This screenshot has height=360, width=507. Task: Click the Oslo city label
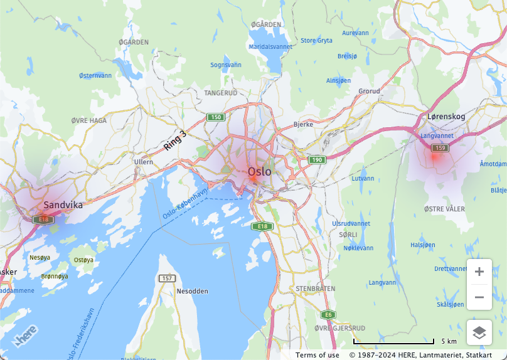point(260,171)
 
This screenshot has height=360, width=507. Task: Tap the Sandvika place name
point(63,205)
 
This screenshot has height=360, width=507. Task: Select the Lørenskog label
point(446,117)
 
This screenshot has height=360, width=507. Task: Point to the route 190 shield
point(316,160)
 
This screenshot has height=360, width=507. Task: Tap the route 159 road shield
point(440,148)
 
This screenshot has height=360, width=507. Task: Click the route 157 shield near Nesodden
point(166,278)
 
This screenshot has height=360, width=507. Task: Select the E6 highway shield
point(327,314)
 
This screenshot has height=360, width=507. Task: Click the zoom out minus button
point(479,297)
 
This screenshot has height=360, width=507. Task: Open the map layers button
point(479,332)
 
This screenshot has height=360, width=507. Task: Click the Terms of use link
point(318,355)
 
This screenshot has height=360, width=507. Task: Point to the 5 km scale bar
point(393,342)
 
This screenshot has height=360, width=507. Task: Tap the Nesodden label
point(192,291)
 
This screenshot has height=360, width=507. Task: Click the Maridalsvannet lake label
point(270,46)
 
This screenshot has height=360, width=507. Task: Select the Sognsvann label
point(226,65)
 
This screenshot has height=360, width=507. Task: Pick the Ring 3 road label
point(175,140)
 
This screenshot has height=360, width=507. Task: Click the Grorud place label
point(369,91)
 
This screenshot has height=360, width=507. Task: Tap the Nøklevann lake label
point(358,248)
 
